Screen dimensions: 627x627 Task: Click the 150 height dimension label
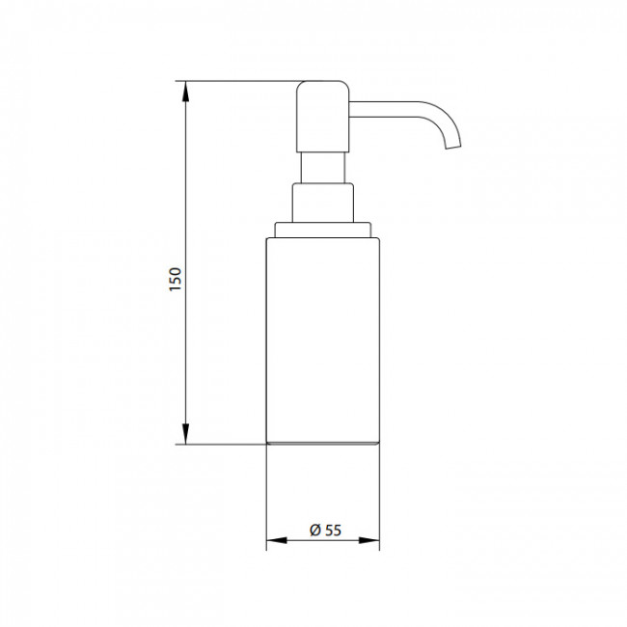[176, 280]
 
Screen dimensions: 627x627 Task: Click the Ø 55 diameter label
[325, 531]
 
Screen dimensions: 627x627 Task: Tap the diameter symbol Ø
[315, 531]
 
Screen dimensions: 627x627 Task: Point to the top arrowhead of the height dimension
[185, 92]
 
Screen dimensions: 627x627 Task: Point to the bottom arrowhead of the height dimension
[185, 434]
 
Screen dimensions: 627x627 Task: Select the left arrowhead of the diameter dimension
[277, 540]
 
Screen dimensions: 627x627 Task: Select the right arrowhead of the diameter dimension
[369, 540]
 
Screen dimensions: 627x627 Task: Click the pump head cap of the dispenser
[323, 117]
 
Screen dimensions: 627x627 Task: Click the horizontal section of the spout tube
[384, 110]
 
